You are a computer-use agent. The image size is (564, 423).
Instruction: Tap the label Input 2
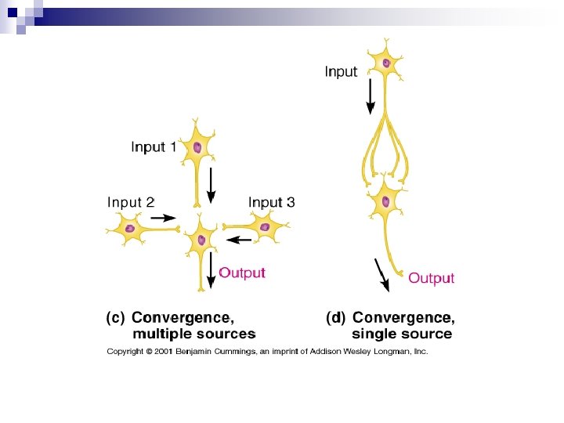click(131, 202)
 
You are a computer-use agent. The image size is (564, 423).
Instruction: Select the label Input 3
click(272, 202)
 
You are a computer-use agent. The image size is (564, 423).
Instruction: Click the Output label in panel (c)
click(242, 273)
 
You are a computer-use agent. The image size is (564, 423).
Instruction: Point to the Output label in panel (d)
click(431, 278)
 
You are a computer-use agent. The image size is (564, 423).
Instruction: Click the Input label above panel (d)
click(341, 72)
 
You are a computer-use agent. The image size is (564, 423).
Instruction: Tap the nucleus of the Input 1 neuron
click(197, 147)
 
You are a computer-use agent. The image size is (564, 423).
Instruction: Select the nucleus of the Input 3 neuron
click(265, 228)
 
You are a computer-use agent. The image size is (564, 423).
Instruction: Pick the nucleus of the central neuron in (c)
click(201, 240)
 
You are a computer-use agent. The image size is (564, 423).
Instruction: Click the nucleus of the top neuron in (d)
click(385, 62)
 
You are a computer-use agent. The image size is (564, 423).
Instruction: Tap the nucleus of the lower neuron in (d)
click(385, 202)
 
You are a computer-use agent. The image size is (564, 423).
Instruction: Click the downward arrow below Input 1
click(210, 184)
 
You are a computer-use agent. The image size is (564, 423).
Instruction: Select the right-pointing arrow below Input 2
click(163, 218)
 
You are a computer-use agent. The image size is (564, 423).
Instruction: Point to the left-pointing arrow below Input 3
click(239, 239)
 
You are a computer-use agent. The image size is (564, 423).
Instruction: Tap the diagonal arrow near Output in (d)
click(382, 274)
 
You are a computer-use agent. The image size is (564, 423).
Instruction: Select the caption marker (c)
click(114, 318)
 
